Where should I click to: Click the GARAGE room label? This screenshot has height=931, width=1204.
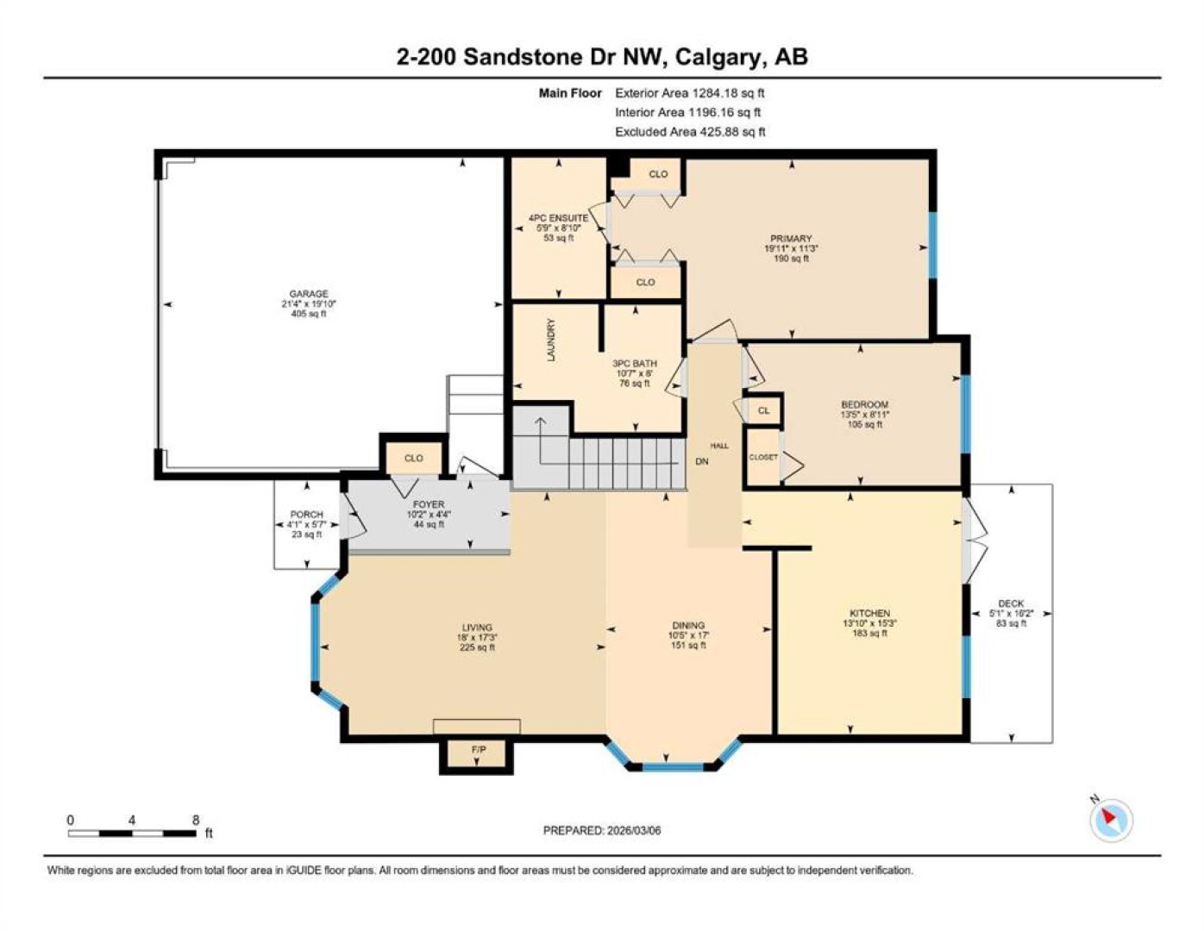(309, 294)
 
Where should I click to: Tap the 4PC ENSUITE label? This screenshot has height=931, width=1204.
(558, 218)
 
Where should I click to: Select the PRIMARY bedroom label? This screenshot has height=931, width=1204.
(791, 239)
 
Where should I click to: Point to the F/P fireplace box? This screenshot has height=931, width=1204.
(476, 753)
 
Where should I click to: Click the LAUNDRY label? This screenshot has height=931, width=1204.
(551, 340)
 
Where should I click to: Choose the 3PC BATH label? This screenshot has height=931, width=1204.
(635, 363)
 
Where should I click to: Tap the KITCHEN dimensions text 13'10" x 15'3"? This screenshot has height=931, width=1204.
(870, 623)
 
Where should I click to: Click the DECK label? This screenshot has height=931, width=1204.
(1011, 603)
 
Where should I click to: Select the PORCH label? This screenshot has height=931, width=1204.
(306, 515)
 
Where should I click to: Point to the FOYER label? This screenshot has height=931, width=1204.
(429, 504)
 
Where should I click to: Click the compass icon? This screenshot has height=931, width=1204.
(1111, 821)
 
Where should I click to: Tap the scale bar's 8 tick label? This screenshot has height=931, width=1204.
(195, 820)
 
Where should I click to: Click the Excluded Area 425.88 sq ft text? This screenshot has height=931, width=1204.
(690, 132)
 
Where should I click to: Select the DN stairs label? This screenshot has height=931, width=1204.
(701, 461)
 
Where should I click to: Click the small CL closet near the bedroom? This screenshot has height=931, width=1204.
(763, 410)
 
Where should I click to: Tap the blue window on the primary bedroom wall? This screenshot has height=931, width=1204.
(933, 246)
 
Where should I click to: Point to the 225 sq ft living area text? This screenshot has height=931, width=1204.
(477, 647)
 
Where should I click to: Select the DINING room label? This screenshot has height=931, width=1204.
(688, 625)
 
